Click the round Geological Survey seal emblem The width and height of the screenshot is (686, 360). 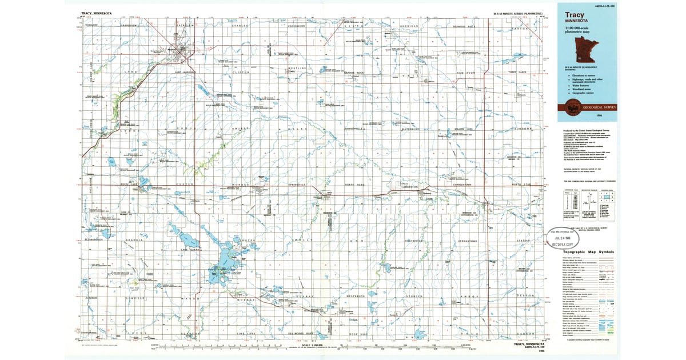tap(571, 106)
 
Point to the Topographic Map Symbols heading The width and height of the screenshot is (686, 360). tap(588, 251)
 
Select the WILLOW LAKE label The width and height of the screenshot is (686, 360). tap(463, 129)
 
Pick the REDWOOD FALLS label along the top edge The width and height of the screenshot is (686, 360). tap(464, 26)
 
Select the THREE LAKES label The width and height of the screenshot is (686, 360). tap(520, 73)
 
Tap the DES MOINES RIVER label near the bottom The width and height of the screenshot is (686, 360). tap(301, 333)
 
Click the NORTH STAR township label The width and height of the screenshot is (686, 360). tap(521, 185)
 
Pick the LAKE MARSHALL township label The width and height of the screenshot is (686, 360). tap(185, 73)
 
